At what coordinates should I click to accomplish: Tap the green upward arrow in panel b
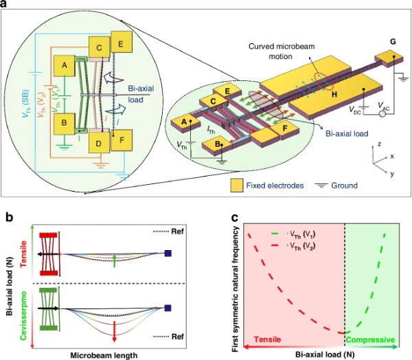(x=113, y=258)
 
